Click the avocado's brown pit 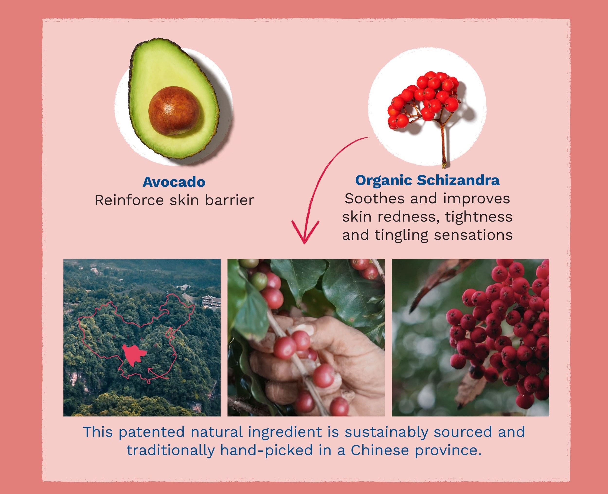[174, 111]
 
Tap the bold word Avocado [174, 182]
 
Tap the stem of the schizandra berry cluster [442, 145]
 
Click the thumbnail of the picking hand [306, 338]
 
